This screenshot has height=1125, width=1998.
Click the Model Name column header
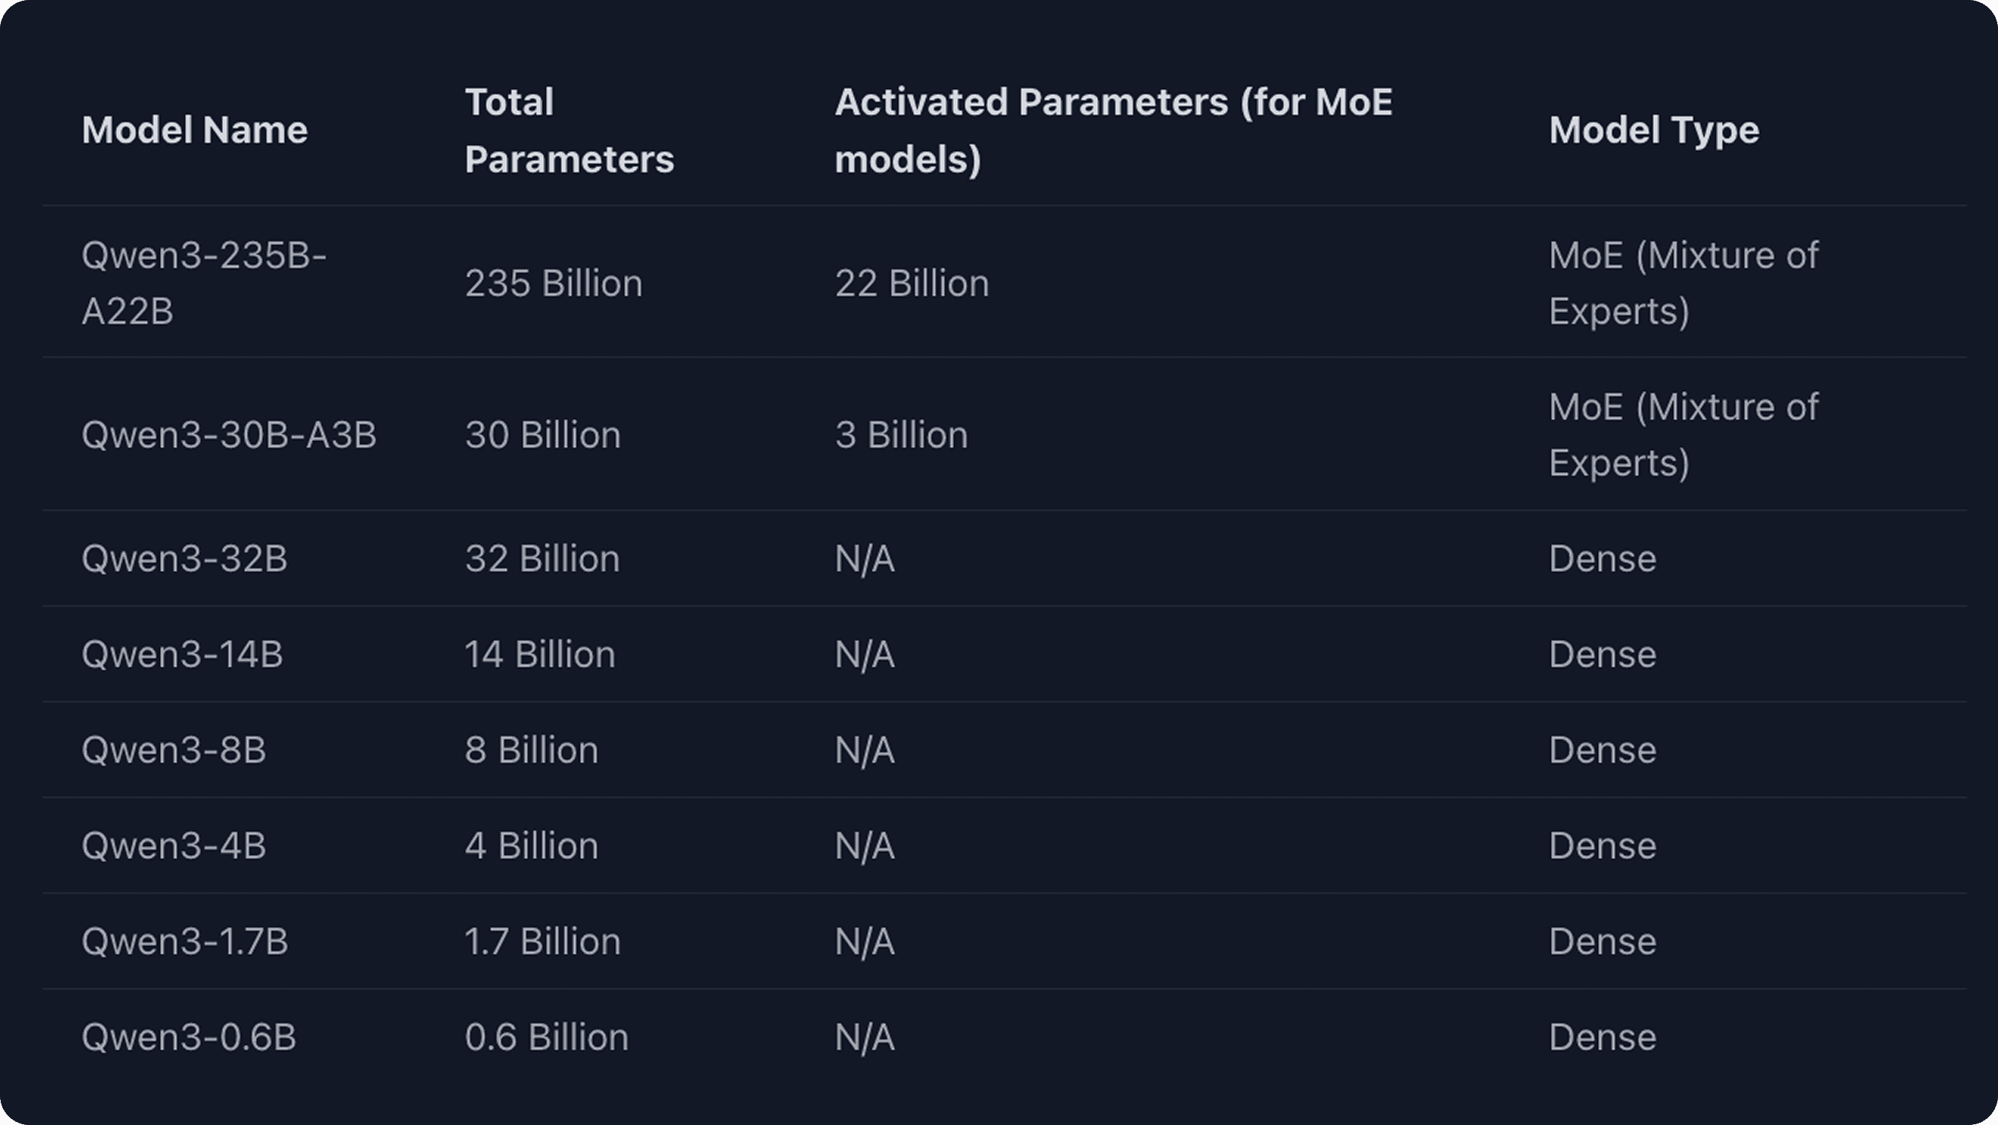[194, 130]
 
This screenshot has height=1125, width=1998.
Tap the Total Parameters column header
[569, 130]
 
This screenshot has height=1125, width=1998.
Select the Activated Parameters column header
[1113, 130]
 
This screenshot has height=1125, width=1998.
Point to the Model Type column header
[1654, 130]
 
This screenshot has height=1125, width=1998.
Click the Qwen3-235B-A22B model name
[204, 283]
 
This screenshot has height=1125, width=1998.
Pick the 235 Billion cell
[553, 283]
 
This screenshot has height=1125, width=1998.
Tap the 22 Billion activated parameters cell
[911, 283]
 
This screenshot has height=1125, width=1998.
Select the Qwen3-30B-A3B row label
[229, 435]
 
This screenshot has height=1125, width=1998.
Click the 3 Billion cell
[901, 435]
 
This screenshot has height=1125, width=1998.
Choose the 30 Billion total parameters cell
[543, 435]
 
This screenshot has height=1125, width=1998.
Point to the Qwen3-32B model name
[185, 559]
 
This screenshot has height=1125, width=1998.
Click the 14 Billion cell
[540, 655]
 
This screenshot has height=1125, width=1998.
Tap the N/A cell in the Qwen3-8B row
[865, 750]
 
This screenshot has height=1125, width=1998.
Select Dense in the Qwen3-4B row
[1602, 846]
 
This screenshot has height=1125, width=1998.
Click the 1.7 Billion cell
[543, 942]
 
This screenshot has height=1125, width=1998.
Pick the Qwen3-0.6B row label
[189, 1037]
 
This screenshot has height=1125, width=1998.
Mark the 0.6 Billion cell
[547, 1037]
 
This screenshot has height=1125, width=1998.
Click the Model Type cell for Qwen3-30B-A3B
[1683, 435]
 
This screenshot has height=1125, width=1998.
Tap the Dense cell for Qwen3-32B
[1602, 559]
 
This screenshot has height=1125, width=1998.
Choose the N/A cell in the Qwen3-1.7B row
[865, 942]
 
